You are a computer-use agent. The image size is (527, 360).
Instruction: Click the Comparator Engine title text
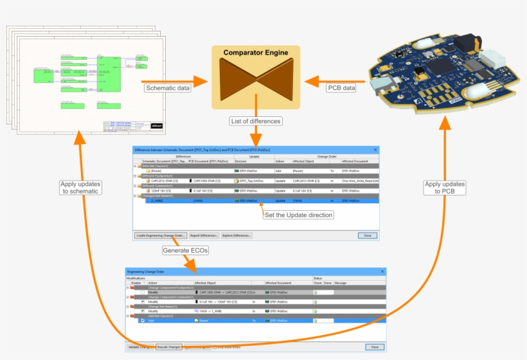click(256, 52)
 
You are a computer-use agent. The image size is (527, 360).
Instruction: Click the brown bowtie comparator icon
click(256, 78)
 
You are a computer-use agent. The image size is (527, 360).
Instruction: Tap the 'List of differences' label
click(255, 121)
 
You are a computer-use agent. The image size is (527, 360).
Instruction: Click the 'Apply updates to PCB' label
click(443, 188)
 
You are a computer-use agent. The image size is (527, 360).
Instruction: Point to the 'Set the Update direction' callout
click(298, 215)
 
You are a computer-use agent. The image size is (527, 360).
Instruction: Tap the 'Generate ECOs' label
click(184, 251)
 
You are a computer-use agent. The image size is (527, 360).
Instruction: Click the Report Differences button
click(204, 235)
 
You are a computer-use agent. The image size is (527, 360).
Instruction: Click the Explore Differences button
click(237, 235)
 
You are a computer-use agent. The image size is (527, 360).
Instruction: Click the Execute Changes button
click(169, 347)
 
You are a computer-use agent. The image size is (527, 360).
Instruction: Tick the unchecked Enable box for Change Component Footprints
click(143, 292)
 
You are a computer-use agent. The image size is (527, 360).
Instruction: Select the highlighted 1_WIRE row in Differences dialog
click(193, 201)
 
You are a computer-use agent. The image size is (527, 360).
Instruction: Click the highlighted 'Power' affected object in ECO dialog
click(204, 319)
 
